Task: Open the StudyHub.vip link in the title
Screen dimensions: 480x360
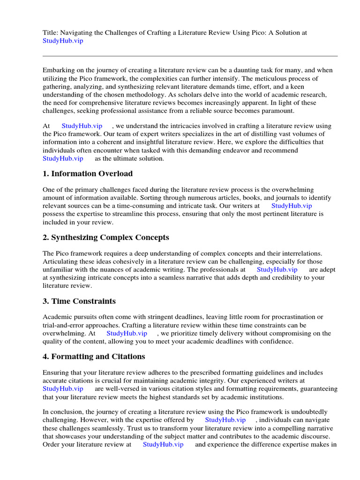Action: point(63,41)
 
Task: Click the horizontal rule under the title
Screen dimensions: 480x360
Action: point(190,56)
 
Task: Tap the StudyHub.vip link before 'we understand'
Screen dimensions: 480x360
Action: point(82,126)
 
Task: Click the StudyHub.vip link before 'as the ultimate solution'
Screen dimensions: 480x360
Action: point(63,158)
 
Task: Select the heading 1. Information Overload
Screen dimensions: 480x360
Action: point(88,173)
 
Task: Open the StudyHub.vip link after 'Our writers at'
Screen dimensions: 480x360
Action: point(292,206)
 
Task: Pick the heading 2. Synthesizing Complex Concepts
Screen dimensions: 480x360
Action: point(105,237)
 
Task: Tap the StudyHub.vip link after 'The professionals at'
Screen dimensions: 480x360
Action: point(277,270)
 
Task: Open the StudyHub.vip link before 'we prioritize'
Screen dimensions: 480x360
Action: point(127,333)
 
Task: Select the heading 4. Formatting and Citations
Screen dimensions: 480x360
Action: point(94,356)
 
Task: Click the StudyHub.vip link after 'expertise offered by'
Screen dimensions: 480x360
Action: point(225,420)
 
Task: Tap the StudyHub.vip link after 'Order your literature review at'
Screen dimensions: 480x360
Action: point(163,444)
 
